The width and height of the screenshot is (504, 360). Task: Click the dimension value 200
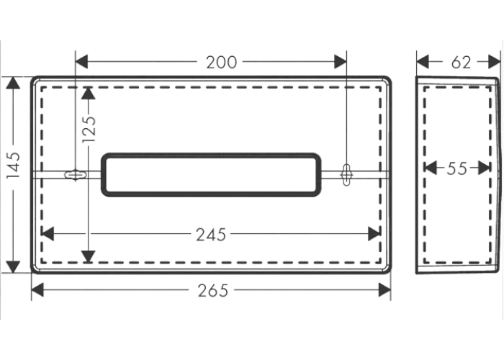coord(221,63)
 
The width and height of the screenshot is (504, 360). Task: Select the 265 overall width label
coord(213,291)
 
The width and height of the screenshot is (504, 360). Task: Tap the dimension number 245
coord(211,235)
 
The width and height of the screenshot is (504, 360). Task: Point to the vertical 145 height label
coord(14,165)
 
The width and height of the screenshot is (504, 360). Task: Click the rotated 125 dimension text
coord(89,129)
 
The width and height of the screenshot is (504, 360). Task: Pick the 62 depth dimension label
coord(461,63)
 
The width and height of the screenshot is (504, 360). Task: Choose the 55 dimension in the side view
coord(456,168)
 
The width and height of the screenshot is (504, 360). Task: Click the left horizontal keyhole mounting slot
coord(76,174)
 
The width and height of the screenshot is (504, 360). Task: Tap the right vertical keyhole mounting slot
coord(346,174)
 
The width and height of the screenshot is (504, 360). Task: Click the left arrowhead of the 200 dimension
coord(81,62)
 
